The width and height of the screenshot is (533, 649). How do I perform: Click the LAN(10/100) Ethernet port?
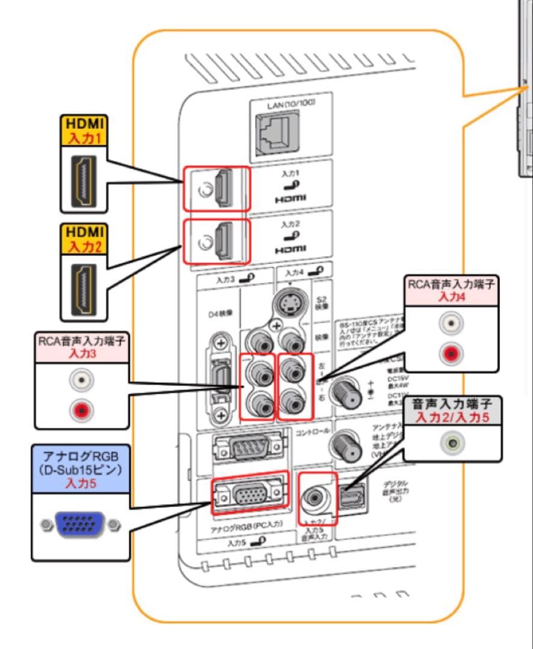click(281, 132)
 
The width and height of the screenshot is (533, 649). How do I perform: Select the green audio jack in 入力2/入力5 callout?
click(452, 444)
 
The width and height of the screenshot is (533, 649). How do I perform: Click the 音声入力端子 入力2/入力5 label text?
click(452, 410)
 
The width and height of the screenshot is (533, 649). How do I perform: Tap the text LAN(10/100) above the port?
click(291, 103)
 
